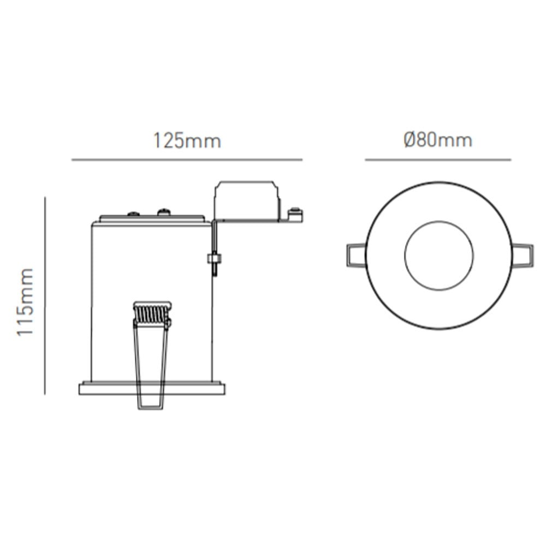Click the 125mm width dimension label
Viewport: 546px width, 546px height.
pyautogui.click(x=187, y=141)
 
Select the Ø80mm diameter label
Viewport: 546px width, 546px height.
pyautogui.click(x=438, y=140)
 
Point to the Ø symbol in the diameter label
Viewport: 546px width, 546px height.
pyautogui.click(x=411, y=140)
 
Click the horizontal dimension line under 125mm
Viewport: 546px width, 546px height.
pyautogui.click(x=187, y=160)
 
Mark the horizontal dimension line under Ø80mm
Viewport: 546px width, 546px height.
pyautogui.click(x=438, y=160)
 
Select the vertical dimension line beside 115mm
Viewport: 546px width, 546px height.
pyautogui.click(x=45, y=295)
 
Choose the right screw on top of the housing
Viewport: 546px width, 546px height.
pyautogui.click(x=163, y=211)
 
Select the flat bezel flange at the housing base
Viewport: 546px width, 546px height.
pyautogui.click(x=152, y=389)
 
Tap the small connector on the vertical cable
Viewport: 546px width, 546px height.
pyautogui.click(x=213, y=258)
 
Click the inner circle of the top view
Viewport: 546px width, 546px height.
pyautogui.click(x=439, y=256)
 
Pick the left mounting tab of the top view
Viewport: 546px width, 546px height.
pyautogui.click(x=355, y=256)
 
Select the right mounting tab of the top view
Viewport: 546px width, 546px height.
pyautogui.click(x=523, y=256)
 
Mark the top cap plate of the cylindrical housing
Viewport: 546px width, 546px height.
pyautogui.click(x=152, y=221)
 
